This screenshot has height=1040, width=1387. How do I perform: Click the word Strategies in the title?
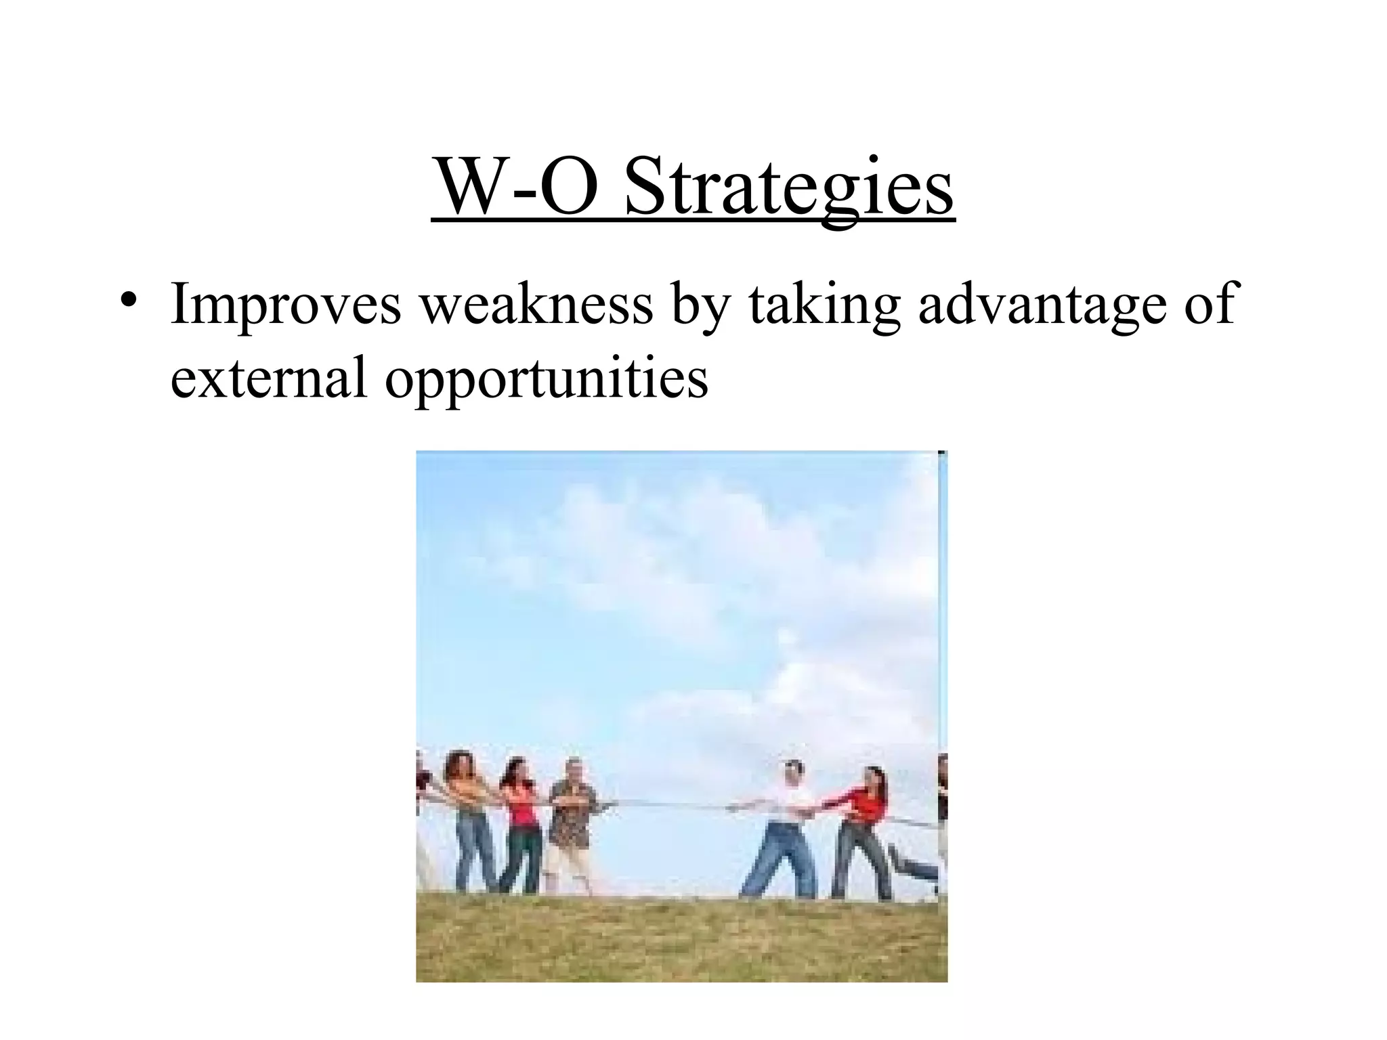pos(789,186)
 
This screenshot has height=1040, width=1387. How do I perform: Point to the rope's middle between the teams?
pos(670,805)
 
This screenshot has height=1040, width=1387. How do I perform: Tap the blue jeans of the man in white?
pos(779,860)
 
